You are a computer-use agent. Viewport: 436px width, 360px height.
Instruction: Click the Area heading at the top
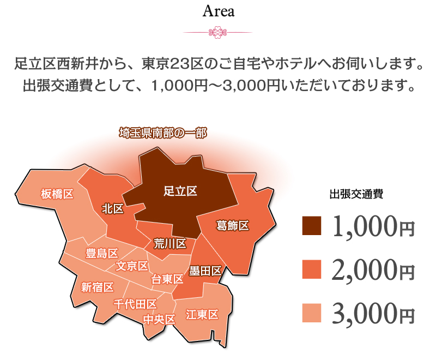click(218, 11)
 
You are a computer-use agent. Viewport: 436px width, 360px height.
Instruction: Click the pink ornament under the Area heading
click(217, 33)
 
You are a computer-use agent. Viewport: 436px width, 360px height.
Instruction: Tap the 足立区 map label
click(180, 191)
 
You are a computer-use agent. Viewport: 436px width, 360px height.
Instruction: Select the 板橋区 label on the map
click(57, 194)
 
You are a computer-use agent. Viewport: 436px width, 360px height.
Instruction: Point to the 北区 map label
click(113, 209)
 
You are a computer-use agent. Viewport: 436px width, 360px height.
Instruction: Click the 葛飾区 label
click(232, 225)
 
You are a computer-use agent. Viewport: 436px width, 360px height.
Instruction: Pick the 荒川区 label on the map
click(170, 243)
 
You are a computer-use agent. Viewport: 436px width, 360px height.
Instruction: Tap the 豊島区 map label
click(102, 254)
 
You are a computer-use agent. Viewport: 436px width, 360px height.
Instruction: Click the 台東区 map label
click(167, 279)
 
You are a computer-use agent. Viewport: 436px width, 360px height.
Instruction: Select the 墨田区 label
click(205, 271)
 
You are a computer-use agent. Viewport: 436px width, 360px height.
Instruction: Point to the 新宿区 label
click(97, 287)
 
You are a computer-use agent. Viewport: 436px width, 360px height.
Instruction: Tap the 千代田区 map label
click(135, 304)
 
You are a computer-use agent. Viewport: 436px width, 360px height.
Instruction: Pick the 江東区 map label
click(202, 314)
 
